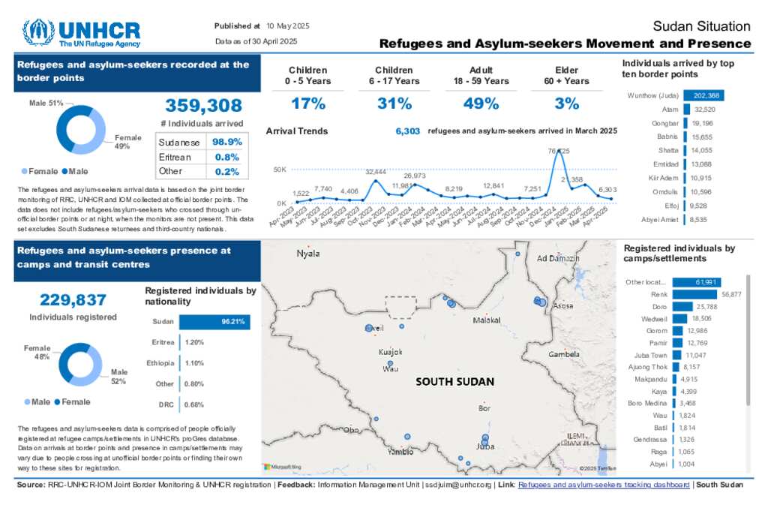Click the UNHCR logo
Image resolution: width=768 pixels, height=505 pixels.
pos(81,33)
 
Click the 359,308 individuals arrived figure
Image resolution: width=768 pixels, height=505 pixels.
pos(203,106)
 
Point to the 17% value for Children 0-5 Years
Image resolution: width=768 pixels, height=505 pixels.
pos(308,104)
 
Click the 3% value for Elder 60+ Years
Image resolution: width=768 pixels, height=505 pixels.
pos(567,104)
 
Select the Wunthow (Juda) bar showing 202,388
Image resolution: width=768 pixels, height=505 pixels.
pos(703,95)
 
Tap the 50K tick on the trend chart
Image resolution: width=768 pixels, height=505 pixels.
pos(279,170)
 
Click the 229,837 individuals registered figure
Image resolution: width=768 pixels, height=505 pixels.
pos(73,300)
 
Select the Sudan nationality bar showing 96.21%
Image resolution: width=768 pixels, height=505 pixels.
pos(214,321)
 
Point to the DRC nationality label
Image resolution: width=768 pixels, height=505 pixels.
pos(166,405)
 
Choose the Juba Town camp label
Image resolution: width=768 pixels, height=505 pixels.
pos(650,355)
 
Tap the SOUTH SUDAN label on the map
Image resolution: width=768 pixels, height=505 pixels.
pos(455,381)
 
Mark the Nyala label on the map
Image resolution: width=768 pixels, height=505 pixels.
pos(308,253)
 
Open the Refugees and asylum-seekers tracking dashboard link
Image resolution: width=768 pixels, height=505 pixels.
pos(604,485)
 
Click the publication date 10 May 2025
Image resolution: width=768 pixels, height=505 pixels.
pos(288,26)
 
